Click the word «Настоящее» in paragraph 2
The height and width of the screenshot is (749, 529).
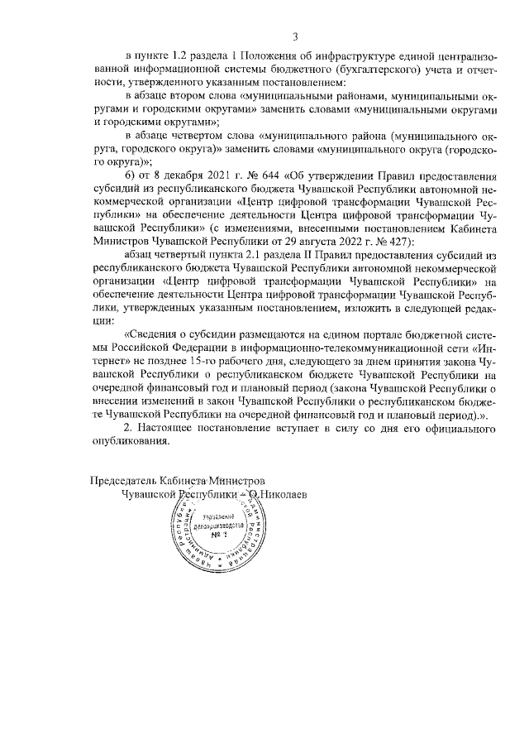(x=169, y=429)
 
